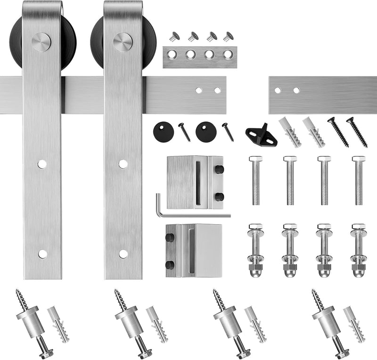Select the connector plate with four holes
tap(200, 57)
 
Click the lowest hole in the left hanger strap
tap(42, 254)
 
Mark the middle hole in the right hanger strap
tap(123, 164)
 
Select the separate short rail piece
tap(322, 95)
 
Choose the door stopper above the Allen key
tap(194, 182)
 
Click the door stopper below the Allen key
tap(194, 250)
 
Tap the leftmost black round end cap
tap(164, 130)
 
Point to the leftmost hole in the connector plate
tap(172, 55)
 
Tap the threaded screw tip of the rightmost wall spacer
tap(317, 299)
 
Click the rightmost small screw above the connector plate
tap(228, 36)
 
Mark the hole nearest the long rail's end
tap(218, 90)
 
